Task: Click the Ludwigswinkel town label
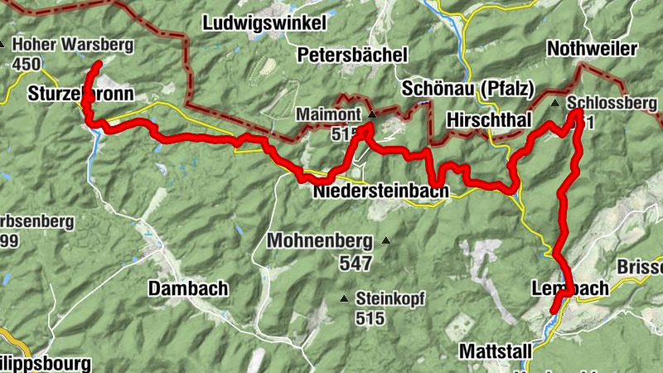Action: coord(264,23)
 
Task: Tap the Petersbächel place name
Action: coord(352,56)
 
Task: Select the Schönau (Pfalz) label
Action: coord(467,88)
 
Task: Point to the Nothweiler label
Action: coord(592,50)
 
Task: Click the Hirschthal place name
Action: coord(488,120)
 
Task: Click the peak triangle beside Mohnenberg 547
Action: coord(385,241)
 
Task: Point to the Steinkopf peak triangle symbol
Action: coord(344,298)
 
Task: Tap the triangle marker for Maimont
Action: coord(372,114)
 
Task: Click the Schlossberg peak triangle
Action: coord(555,103)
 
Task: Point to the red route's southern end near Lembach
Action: coord(553,312)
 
